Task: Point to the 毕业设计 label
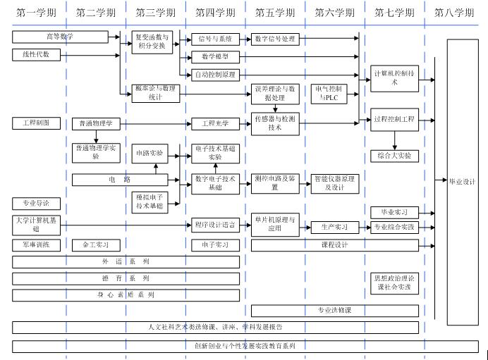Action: click(x=462, y=181)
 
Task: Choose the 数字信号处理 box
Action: click(x=274, y=39)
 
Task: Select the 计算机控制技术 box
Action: click(x=395, y=77)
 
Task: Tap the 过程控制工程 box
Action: click(x=395, y=120)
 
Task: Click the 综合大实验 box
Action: click(x=395, y=155)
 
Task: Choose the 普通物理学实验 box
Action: click(x=96, y=152)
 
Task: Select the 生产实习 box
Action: click(x=336, y=227)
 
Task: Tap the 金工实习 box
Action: click(x=96, y=245)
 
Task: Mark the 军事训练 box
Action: click(x=36, y=245)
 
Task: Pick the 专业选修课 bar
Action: click(x=334, y=309)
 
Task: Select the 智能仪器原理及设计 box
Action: click(x=335, y=183)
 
